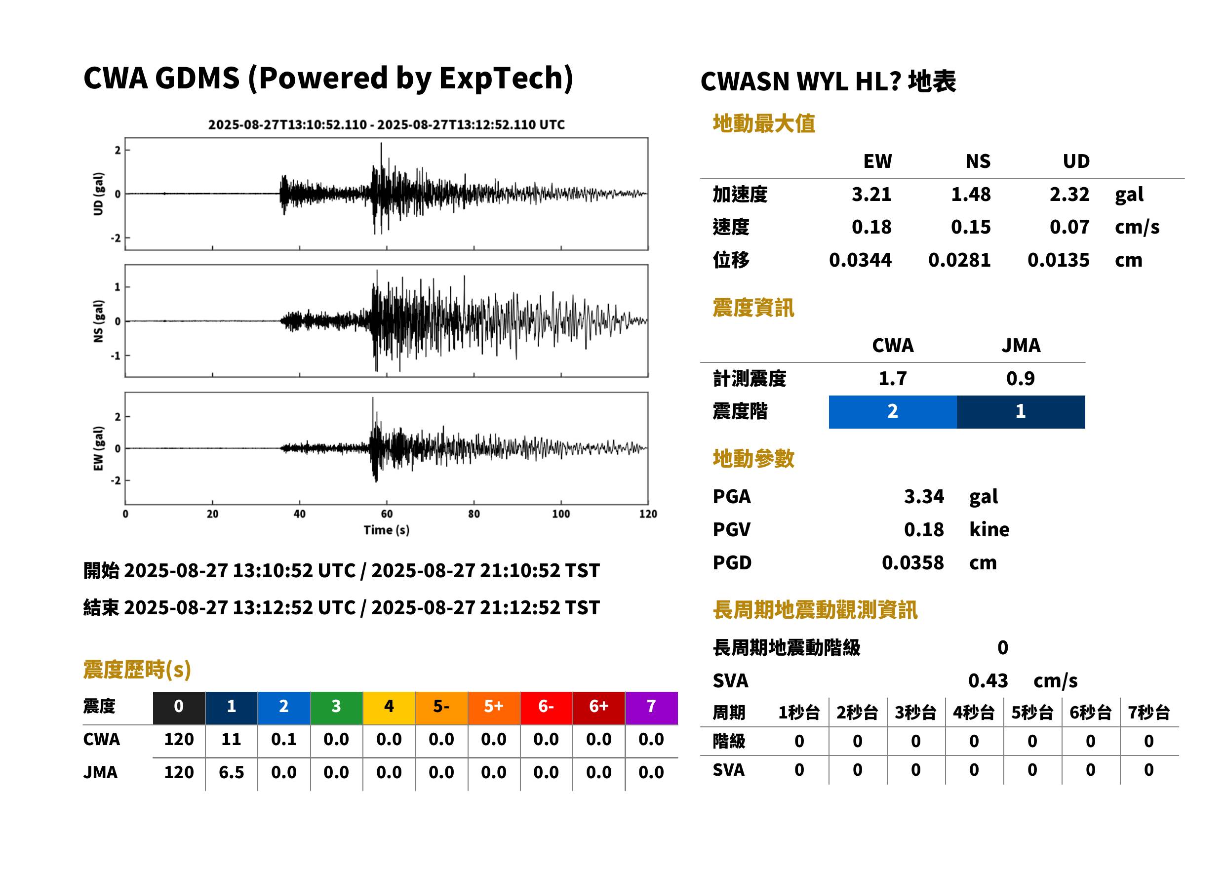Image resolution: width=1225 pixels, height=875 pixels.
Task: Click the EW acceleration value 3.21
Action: coord(871,194)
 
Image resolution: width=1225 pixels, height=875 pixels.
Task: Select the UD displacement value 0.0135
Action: coord(1058,260)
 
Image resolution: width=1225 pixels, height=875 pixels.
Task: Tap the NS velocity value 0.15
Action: coord(970,227)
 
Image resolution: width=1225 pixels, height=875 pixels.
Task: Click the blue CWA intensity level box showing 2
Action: coord(893,412)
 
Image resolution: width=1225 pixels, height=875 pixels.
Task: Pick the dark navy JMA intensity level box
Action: coord(1021,412)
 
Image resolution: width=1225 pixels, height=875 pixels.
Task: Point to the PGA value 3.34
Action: coord(924,496)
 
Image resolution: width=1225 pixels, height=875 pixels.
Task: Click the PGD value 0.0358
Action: coord(912,562)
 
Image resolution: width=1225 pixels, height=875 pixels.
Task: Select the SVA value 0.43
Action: coord(988,680)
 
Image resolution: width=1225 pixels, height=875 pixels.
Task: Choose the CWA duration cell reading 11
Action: coord(231,739)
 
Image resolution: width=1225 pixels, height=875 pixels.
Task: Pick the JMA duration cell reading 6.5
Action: coord(231,772)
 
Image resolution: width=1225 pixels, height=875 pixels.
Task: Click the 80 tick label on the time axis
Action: coord(474,514)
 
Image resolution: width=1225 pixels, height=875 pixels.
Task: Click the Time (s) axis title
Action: coord(386,530)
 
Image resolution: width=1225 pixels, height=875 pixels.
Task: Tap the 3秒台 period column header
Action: coord(915,712)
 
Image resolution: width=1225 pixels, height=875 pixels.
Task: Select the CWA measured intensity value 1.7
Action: coord(893,378)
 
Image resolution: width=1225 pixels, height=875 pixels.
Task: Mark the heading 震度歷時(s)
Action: coord(137,669)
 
